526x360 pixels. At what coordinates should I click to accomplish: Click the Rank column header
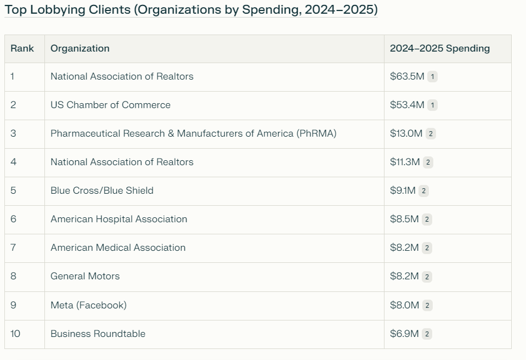pyautogui.click(x=22, y=48)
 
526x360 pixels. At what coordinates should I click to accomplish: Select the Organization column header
pyautogui.click(x=80, y=48)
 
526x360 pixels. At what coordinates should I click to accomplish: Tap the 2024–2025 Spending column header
pyautogui.click(x=439, y=48)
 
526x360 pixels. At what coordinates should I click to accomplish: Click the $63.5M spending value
pyautogui.click(x=407, y=76)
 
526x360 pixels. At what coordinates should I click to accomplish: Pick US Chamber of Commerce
pyautogui.click(x=110, y=105)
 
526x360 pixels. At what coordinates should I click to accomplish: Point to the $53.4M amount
pyautogui.click(x=407, y=105)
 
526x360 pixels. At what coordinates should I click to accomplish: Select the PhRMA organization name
pyautogui.click(x=193, y=133)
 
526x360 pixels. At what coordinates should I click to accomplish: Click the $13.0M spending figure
pyautogui.click(x=406, y=133)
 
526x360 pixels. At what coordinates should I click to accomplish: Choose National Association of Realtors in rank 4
pyautogui.click(x=122, y=162)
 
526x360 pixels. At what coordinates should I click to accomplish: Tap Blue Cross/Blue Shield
pyautogui.click(x=102, y=190)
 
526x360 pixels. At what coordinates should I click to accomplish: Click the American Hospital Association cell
pyautogui.click(x=118, y=219)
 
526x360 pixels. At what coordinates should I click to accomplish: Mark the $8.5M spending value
pyautogui.click(x=404, y=219)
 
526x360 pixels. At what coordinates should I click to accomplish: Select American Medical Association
pyautogui.click(x=118, y=248)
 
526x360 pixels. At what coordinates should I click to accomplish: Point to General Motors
pyautogui.click(x=85, y=276)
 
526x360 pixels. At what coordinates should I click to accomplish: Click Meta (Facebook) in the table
pyautogui.click(x=88, y=305)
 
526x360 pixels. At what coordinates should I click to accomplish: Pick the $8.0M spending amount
pyautogui.click(x=405, y=305)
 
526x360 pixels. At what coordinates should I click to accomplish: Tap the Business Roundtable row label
pyautogui.click(x=98, y=334)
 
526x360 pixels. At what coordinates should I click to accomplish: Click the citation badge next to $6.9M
pyautogui.click(x=427, y=334)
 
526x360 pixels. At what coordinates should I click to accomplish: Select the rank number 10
pyautogui.click(x=15, y=334)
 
